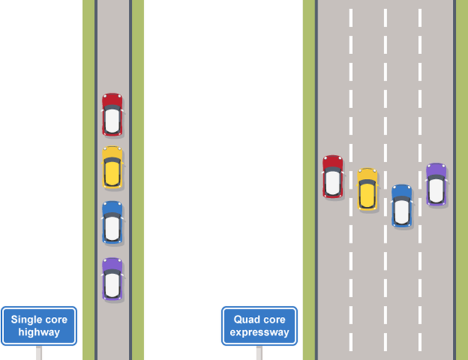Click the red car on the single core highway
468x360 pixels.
pos(112,114)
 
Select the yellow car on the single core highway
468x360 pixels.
pos(112,167)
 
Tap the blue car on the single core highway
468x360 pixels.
pos(112,222)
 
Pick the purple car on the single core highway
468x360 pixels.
pos(112,279)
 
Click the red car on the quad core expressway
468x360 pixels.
pos(332,176)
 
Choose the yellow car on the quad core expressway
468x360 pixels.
pos(367,189)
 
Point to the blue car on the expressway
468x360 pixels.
pos(401,206)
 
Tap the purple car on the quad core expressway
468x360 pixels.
pos(436,184)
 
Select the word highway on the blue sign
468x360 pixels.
pos(39,332)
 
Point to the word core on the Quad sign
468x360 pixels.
pos(274,319)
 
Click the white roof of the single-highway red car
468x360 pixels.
pos(112,120)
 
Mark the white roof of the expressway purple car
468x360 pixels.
pos(436,190)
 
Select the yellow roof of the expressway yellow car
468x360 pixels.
pos(367,193)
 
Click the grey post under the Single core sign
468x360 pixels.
pos(39,352)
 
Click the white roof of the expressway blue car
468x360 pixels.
pos(401,211)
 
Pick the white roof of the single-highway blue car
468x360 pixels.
pos(112,227)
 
